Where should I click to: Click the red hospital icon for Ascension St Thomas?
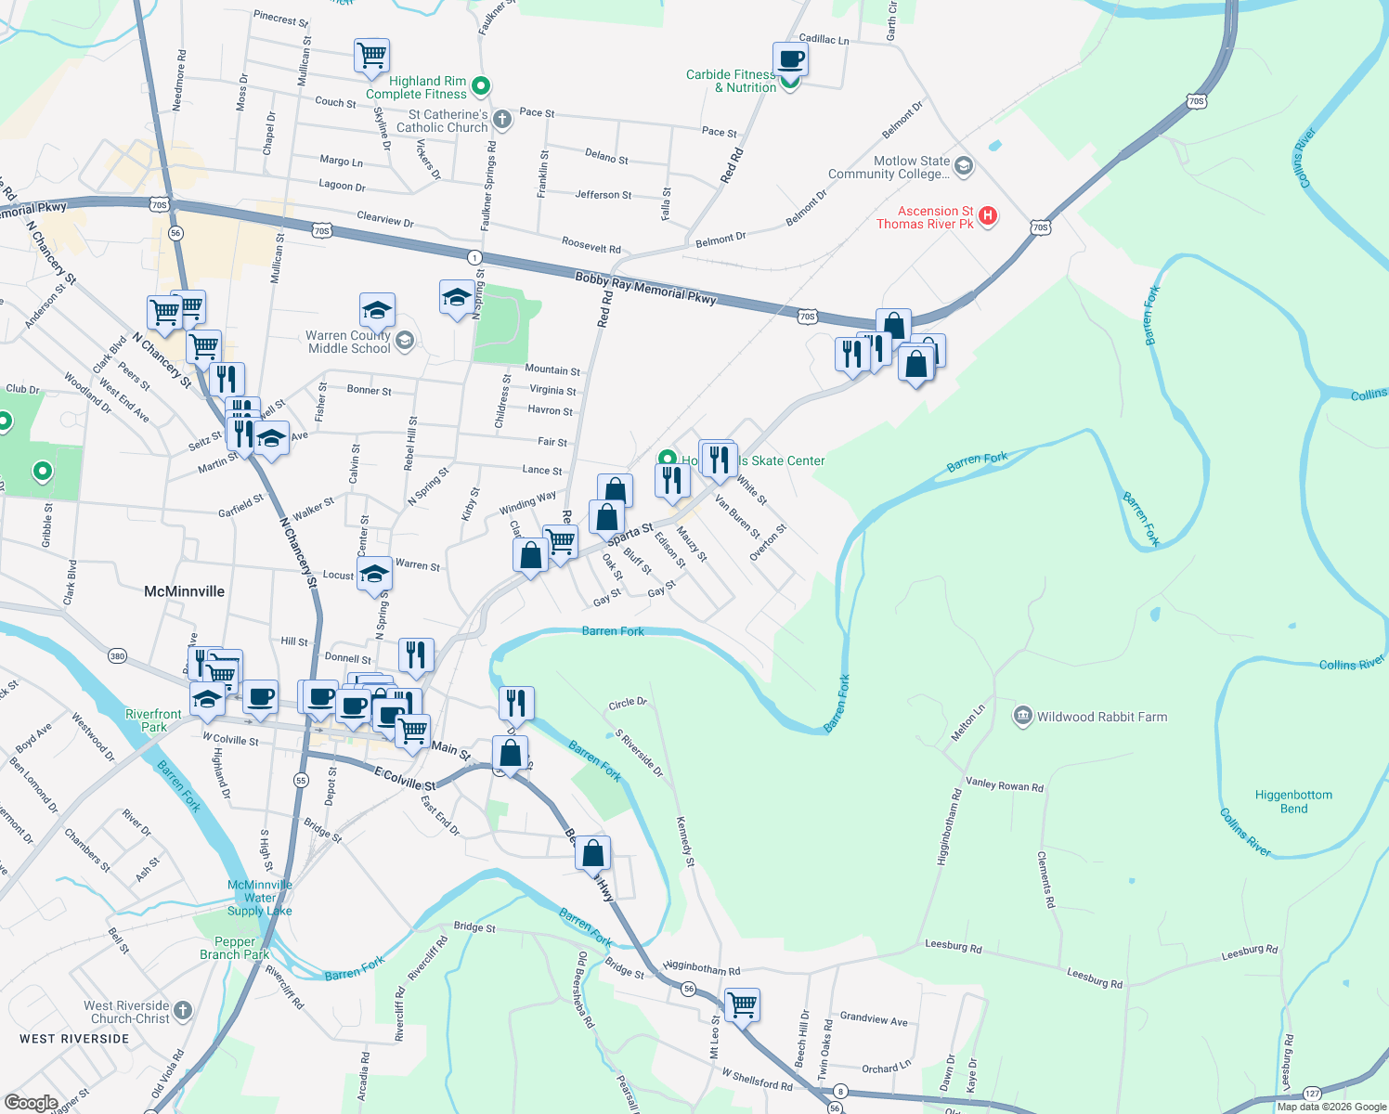988,216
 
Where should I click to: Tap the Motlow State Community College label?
889,167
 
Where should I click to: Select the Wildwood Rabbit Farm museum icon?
1022,716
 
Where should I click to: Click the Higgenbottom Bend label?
1293,801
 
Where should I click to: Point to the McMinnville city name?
184,591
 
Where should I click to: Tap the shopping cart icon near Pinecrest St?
371,55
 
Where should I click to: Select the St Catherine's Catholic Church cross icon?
501,119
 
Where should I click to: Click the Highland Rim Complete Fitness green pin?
480,86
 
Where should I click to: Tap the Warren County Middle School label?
349,342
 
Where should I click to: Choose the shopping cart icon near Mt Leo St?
742,1004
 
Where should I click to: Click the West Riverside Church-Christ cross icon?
183,1010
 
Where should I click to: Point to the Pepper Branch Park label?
235,948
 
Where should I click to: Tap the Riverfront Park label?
154,720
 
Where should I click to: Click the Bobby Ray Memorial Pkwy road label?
645,287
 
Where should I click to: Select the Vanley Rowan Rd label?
1004,785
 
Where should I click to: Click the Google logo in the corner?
31,1102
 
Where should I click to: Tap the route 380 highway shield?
117,656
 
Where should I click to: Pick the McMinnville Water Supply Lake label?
260,898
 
